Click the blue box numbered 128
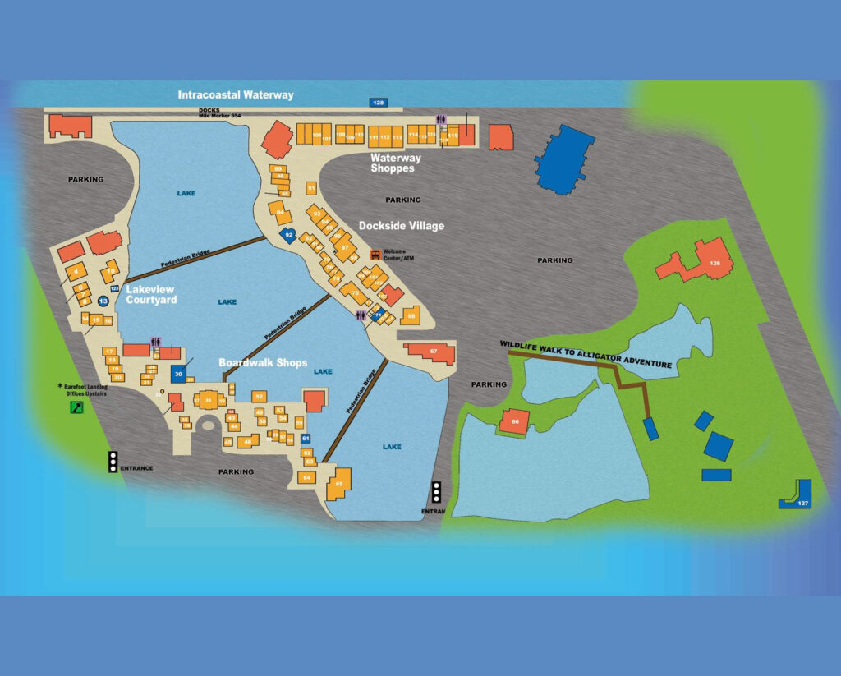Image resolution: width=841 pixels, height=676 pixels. tap(378, 103)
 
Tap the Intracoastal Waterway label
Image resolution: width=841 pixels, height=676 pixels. tap(236, 95)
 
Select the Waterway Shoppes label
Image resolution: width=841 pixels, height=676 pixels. tap(395, 163)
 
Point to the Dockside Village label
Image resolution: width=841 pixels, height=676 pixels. tap(401, 225)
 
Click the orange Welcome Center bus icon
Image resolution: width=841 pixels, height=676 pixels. tap(375, 255)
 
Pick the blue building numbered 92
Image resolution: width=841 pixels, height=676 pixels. tap(288, 236)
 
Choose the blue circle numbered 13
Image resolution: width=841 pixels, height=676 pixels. tap(103, 301)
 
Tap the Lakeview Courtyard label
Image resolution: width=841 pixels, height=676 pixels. tap(151, 294)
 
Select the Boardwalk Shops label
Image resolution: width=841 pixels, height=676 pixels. tap(263, 362)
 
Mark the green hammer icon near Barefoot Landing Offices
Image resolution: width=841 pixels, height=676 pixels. tap(76, 407)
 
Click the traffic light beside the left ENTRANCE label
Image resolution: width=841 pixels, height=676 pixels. tap(113, 462)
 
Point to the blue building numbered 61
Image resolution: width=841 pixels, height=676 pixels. tap(306, 439)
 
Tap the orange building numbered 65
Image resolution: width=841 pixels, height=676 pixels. tap(339, 484)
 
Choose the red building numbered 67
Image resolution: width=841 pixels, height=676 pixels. tap(432, 352)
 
